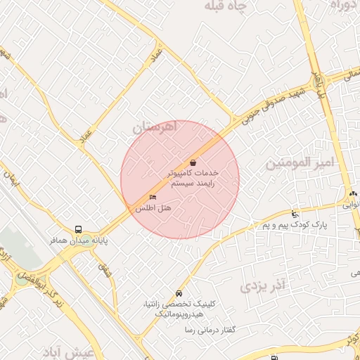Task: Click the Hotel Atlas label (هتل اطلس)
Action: (153, 208)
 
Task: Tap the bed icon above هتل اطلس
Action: (153, 198)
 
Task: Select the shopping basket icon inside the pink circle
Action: (193, 162)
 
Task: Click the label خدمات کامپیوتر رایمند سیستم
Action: (193, 177)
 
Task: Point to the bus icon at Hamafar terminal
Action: (78, 229)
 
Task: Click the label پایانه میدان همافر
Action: (77, 240)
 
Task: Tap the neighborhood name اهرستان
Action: (156, 127)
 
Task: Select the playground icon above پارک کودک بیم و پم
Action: (295, 214)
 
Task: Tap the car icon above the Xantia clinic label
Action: (179, 293)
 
